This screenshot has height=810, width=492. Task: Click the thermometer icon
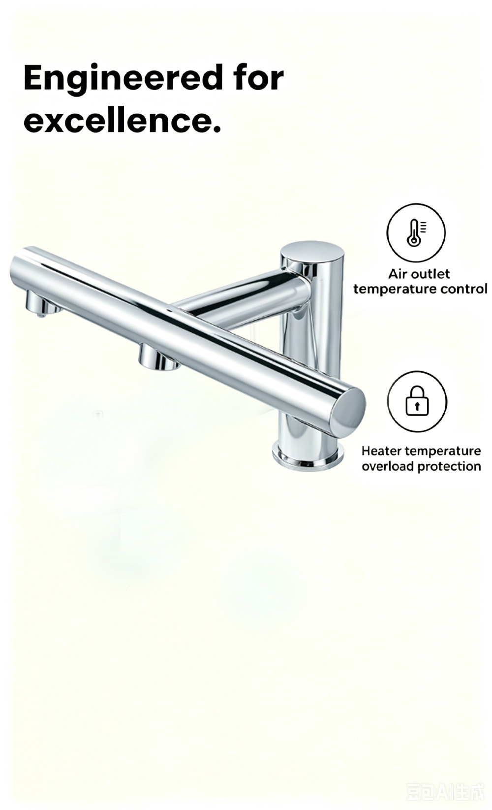[416, 232]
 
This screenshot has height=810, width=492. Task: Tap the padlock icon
[417, 401]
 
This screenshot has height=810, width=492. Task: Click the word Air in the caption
[398, 274]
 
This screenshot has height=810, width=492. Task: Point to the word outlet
[430, 274]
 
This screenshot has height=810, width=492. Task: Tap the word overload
[388, 466]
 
